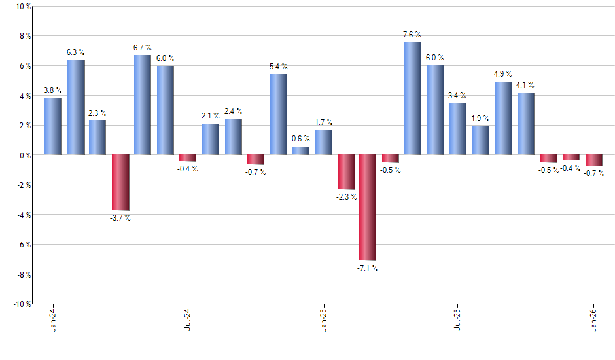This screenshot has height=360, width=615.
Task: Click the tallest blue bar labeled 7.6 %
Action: pyautogui.click(x=412, y=98)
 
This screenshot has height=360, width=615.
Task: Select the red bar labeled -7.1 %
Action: pyautogui.click(x=367, y=207)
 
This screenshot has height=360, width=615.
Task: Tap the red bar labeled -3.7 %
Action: pyautogui.click(x=120, y=182)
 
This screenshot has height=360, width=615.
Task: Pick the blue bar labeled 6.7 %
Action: pyautogui.click(x=143, y=105)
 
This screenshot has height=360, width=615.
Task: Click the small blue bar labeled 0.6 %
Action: pyautogui.click(x=301, y=151)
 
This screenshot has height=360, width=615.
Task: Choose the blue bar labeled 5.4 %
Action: pyautogui.click(x=278, y=115)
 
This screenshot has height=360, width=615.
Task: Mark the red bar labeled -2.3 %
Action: pyautogui.click(x=346, y=171)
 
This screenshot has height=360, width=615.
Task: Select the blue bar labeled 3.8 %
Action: pyautogui.click(x=53, y=126)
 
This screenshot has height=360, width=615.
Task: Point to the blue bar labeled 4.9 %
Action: pyautogui.click(x=503, y=118)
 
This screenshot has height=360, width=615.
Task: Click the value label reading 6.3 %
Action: pyautogui.click(x=75, y=52)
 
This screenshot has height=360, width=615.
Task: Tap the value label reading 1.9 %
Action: pyautogui.click(x=481, y=118)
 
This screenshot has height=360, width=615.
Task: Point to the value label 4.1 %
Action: pyautogui.click(x=525, y=84)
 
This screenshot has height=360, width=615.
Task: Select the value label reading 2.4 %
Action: pyautogui.click(x=234, y=111)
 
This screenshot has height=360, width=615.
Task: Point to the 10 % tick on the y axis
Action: pyautogui.click(x=23, y=7)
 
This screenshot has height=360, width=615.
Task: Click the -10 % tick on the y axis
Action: pyautogui.click(x=22, y=304)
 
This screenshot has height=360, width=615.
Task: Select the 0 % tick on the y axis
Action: pyautogui.click(x=25, y=155)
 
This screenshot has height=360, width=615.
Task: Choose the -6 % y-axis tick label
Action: pyautogui.click(x=24, y=244)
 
